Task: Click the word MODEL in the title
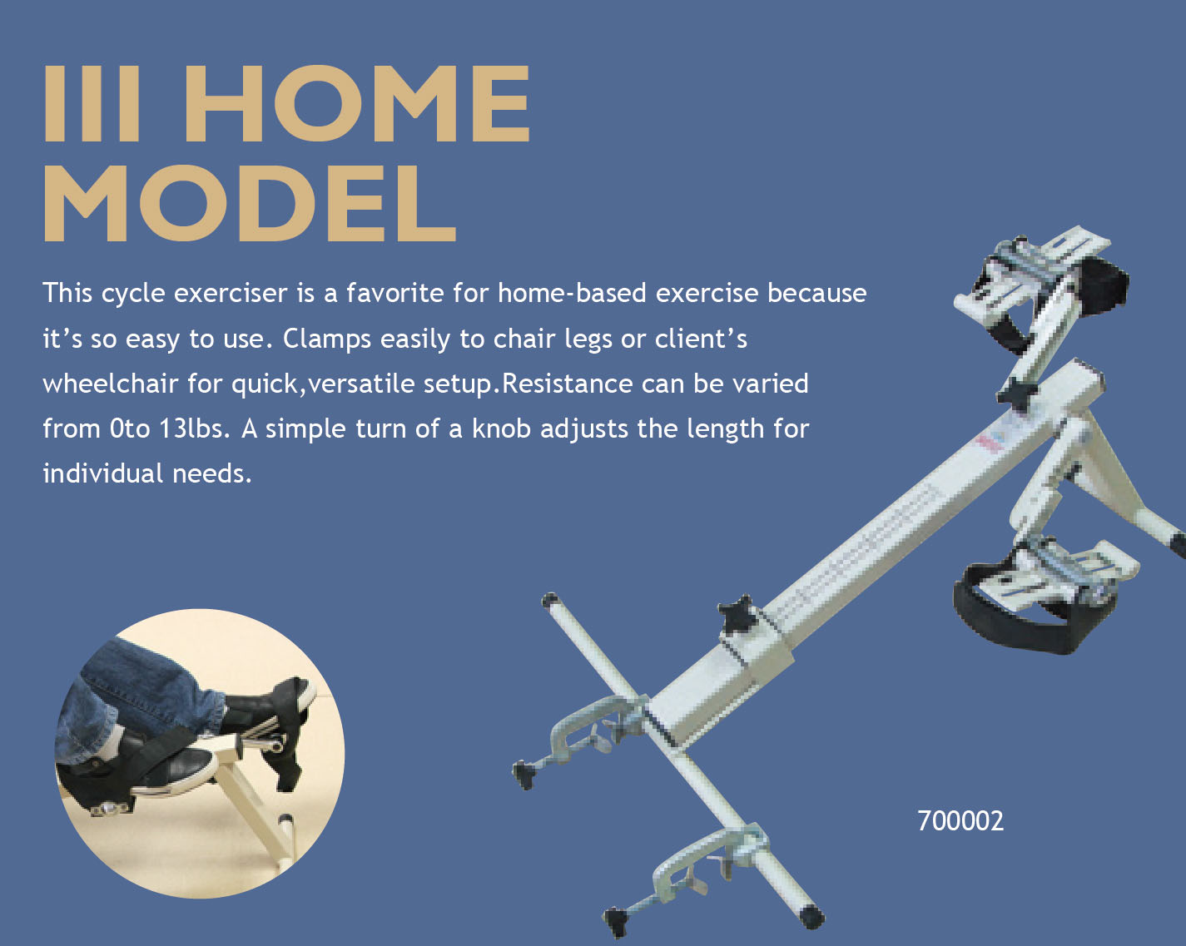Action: pos(250,203)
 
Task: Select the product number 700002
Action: pos(960,821)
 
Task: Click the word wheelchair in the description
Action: pos(110,384)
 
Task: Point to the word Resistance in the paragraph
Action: pos(567,384)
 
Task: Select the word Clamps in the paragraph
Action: pos(327,339)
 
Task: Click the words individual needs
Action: pos(147,473)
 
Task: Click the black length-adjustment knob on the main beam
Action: pos(737,614)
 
